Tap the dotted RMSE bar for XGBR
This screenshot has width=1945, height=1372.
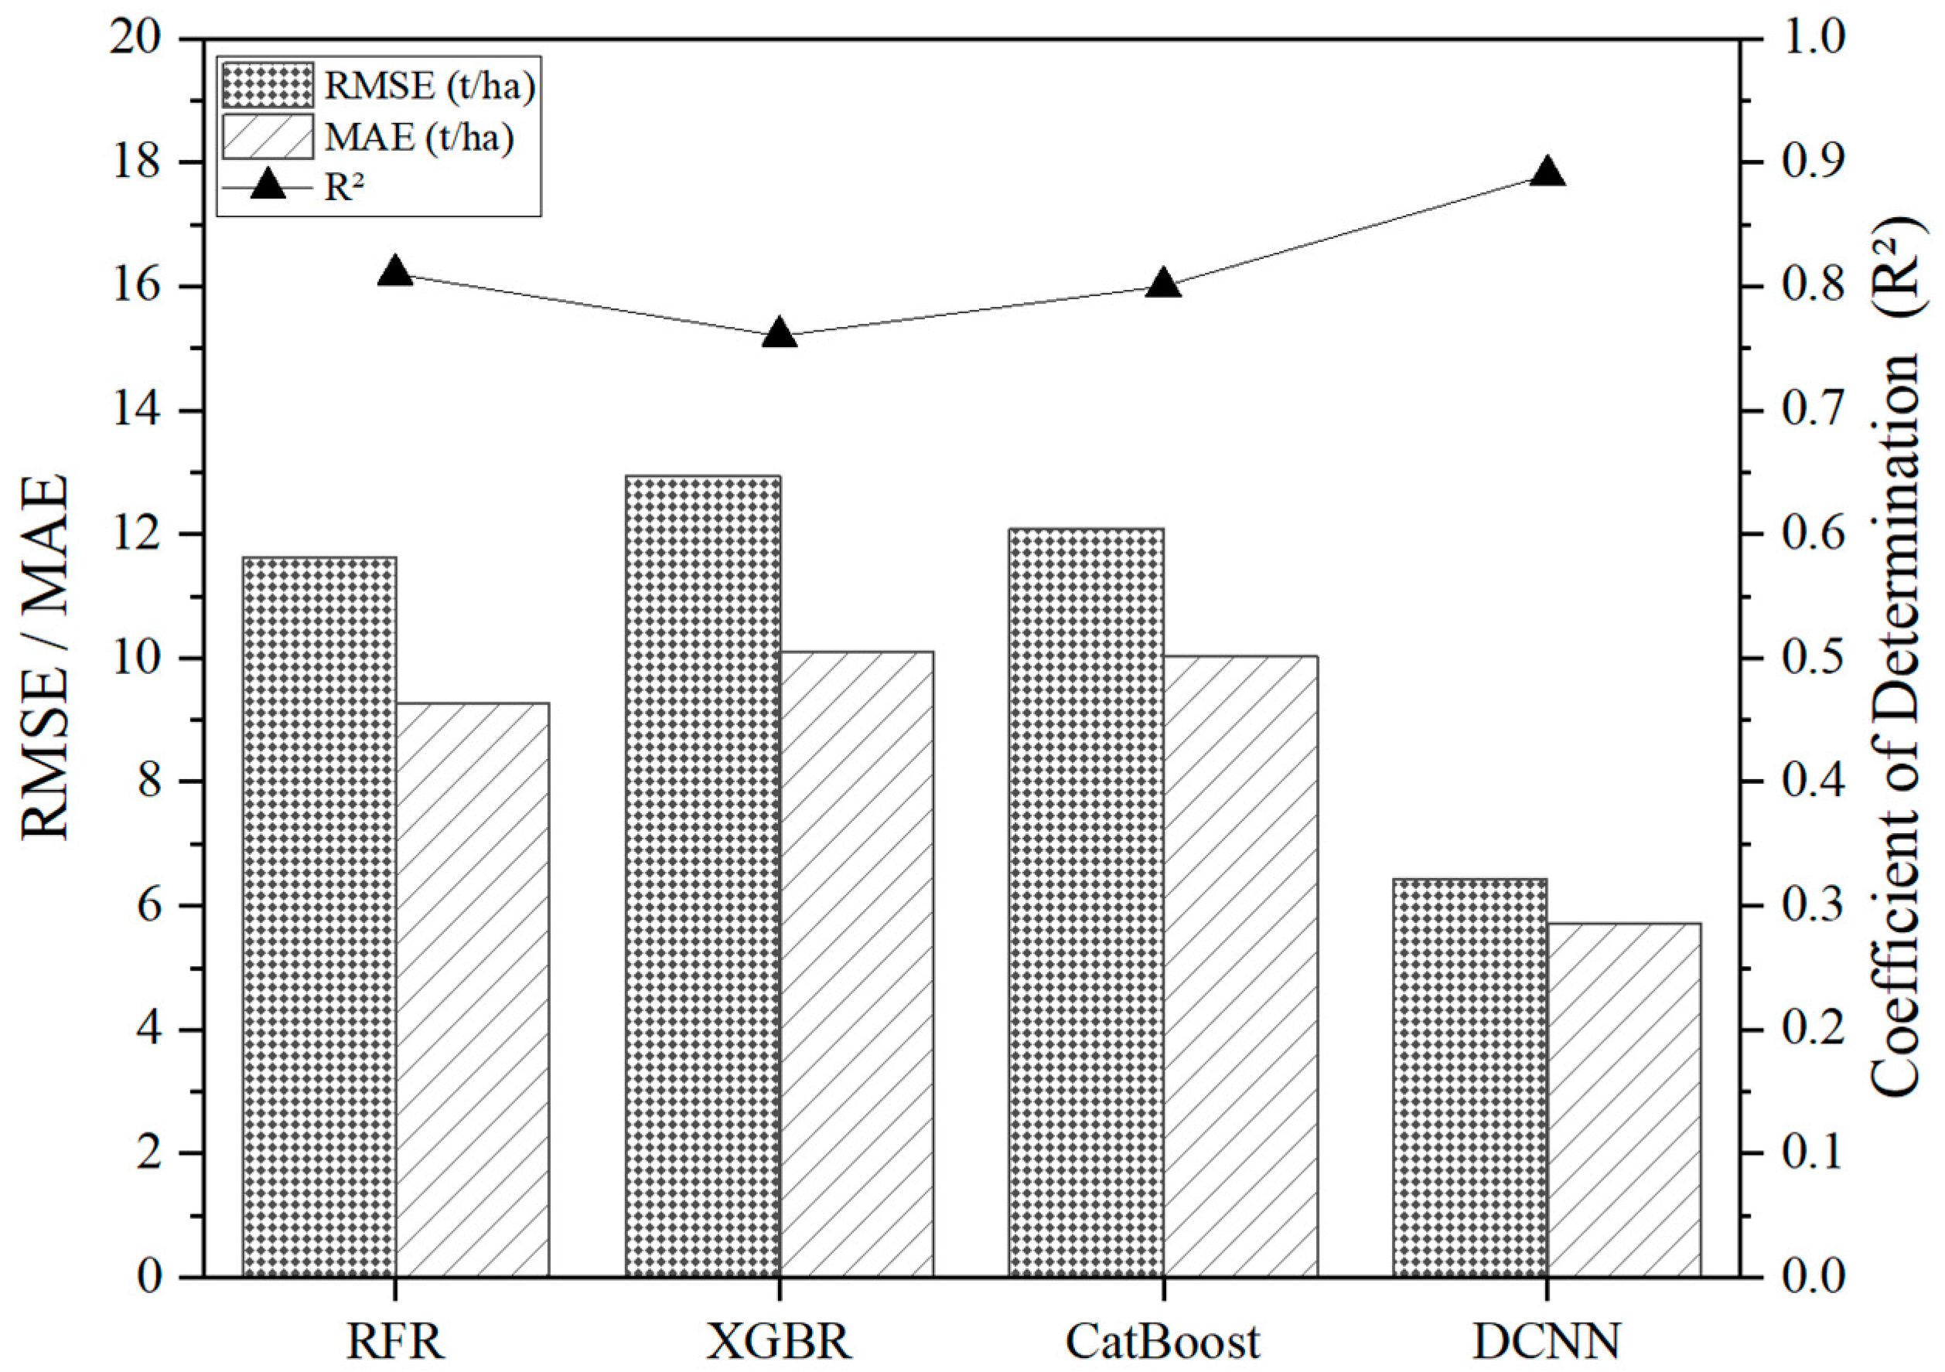point(703,876)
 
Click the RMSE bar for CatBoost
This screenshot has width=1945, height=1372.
point(1086,902)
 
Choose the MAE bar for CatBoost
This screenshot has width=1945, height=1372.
point(1240,965)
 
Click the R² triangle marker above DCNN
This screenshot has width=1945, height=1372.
point(1547,172)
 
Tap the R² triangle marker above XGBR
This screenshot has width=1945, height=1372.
point(780,334)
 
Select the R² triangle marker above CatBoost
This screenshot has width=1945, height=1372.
point(1163,284)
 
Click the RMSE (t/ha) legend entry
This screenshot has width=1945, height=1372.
point(379,86)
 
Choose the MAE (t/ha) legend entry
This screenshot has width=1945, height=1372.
point(368,136)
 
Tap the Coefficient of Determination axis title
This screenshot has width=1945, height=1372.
point(1894,658)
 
